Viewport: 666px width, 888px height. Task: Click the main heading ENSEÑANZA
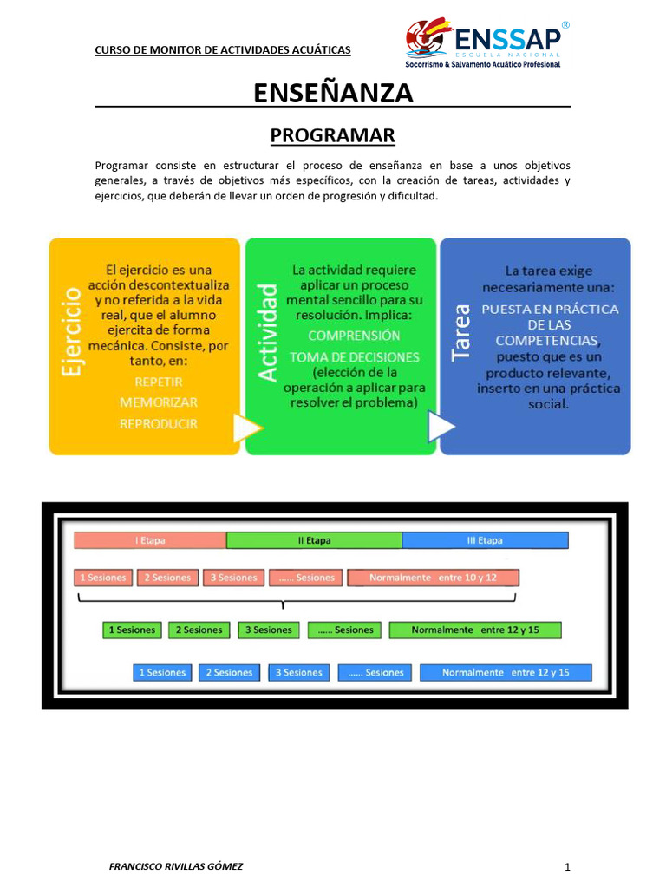333,93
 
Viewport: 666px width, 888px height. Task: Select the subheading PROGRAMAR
333,135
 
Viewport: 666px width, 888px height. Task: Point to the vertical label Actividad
268,331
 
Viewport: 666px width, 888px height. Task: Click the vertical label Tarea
462,331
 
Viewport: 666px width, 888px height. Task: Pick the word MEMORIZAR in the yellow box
158,402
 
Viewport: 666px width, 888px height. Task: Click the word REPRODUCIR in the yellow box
158,424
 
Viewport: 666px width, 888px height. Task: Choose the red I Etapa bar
150,540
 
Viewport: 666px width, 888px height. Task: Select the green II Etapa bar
314,540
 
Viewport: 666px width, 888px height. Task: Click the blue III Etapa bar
485,540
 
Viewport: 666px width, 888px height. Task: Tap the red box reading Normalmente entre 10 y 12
433,578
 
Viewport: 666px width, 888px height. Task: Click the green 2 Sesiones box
199,630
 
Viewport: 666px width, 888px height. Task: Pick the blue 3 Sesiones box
298,672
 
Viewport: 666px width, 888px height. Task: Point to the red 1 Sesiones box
102,578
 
